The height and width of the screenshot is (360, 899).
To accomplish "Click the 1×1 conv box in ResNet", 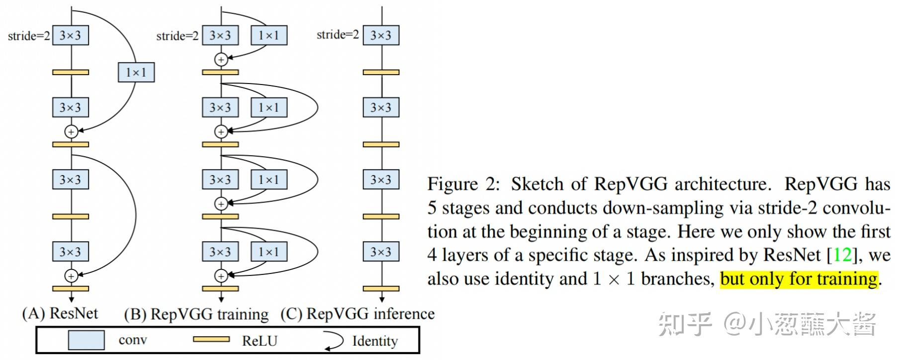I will (136, 73).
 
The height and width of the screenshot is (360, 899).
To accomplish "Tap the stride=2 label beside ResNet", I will (29, 36).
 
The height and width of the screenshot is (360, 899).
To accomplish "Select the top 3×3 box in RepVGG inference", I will (381, 35).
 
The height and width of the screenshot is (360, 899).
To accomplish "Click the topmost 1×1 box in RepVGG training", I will (269, 35).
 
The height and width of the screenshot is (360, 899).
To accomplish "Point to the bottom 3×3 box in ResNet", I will (71, 252).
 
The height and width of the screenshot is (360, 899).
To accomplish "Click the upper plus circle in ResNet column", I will (71, 132).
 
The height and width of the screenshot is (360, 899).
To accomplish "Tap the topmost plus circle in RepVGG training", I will (221, 60).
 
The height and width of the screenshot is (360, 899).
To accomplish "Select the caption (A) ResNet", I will (60, 313).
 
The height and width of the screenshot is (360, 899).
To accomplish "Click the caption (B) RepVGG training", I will (196, 314).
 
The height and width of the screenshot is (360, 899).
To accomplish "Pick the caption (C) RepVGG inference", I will (358, 314).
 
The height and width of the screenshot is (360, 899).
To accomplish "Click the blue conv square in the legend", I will (86, 341).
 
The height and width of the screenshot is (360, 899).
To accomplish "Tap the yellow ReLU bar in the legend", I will (211, 340).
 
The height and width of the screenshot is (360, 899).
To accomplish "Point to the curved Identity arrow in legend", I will (334, 341).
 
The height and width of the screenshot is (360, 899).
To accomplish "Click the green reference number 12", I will (842, 255).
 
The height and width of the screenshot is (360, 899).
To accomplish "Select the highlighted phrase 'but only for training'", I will (799, 279).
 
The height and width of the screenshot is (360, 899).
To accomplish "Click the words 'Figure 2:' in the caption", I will (463, 184).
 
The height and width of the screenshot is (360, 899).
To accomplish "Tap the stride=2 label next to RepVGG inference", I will (338, 34).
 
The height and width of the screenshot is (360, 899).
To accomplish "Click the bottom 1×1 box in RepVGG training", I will (269, 252).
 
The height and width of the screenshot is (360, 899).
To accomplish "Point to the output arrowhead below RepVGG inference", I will (382, 299).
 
